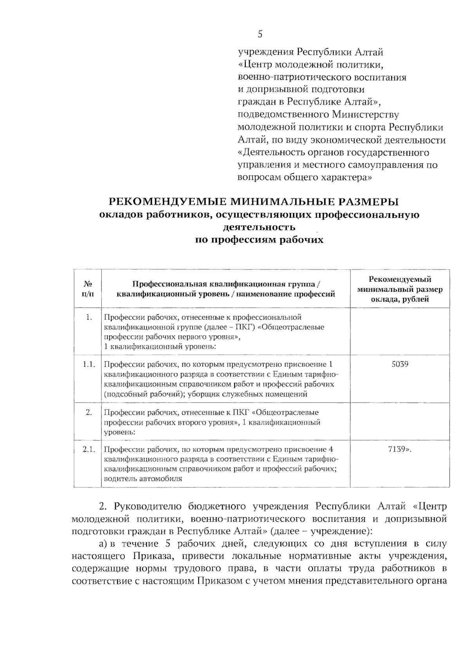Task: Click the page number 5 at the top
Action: click(x=260, y=34)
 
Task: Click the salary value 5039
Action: click(x=400, y=364)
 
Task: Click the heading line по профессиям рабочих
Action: click(x=259, y=240)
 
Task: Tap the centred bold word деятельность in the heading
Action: click(x=259, y=227)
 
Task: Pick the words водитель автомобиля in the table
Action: click(x=143, y=478)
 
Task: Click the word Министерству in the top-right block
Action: click(x=365, y=115)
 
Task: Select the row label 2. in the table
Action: click(x=89, y=412)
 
